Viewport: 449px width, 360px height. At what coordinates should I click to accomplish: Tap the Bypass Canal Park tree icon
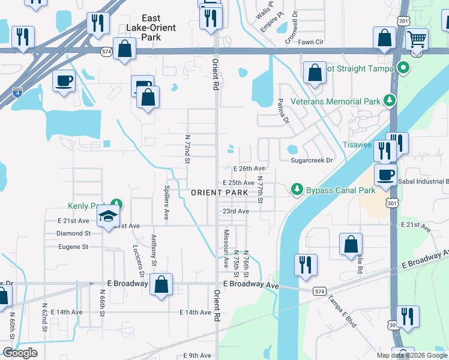click(296, 190)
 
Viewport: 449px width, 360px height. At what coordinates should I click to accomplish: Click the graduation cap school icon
click(108, 216)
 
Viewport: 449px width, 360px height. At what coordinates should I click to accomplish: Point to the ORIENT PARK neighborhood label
click(220, 192)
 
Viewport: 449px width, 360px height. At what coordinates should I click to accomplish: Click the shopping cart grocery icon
click(417, 40)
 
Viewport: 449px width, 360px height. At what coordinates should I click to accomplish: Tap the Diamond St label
click(73, 233)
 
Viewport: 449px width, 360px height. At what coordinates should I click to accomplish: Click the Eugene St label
click(73, 247)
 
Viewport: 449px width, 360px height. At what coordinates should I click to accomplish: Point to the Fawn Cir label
click(311, 43)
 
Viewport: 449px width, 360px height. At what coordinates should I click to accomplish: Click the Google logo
click(20, 353)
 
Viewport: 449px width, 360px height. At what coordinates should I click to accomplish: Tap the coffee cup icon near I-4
click(64, 80)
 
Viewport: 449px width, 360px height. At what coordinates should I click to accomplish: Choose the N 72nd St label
click(187, 149)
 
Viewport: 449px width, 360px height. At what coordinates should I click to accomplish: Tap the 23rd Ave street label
click(235, 211)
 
